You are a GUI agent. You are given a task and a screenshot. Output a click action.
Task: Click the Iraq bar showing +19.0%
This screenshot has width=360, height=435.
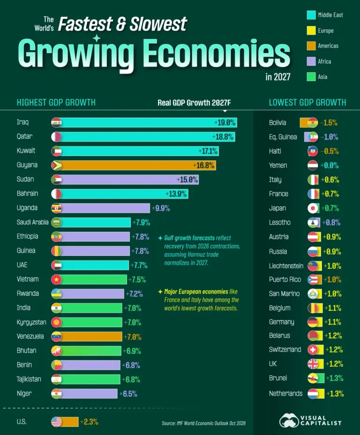pos(149,123)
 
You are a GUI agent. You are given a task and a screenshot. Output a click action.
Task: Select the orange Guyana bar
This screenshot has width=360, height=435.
pos(138,165)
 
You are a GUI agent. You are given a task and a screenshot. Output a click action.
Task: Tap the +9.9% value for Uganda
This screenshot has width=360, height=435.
pos(161,208)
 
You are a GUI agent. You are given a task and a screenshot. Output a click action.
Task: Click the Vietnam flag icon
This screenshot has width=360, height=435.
pos(56,279)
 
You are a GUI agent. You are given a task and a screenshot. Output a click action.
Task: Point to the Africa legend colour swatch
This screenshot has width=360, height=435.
pos(311,61)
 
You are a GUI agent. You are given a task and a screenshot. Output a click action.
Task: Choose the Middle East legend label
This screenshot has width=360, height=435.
pos(330,15)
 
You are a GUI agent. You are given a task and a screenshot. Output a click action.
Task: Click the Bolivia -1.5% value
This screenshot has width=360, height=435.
pos(329,123)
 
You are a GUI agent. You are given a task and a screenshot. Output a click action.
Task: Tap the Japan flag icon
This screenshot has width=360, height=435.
pos(313,208)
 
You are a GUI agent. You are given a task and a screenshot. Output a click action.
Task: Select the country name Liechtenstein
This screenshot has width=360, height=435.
pos(286,266)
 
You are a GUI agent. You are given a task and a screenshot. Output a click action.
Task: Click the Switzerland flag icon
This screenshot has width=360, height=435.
pos(313,350)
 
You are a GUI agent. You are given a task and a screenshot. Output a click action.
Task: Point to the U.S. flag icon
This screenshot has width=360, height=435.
pos(56,422)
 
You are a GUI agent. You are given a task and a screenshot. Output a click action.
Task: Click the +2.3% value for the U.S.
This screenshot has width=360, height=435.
pos(89,422)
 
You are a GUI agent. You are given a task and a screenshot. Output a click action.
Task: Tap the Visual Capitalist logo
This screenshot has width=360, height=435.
pos(310,420)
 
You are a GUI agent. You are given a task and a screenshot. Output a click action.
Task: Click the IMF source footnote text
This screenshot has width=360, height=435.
pos(203,423)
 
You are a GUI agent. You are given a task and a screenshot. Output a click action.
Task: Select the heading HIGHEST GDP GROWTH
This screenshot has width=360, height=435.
pos(56,102)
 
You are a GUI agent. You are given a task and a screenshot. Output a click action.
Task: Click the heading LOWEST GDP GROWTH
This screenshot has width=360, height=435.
pos(307,102)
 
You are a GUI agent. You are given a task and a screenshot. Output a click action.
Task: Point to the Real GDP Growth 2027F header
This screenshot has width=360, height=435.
pos(194,103)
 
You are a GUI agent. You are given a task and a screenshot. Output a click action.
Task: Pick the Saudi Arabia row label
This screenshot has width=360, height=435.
pos(32,222)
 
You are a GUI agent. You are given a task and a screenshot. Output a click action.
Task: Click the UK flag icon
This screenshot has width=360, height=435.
pos(313,364)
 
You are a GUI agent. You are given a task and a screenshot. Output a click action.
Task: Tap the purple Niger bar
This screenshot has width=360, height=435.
pos(89,394)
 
